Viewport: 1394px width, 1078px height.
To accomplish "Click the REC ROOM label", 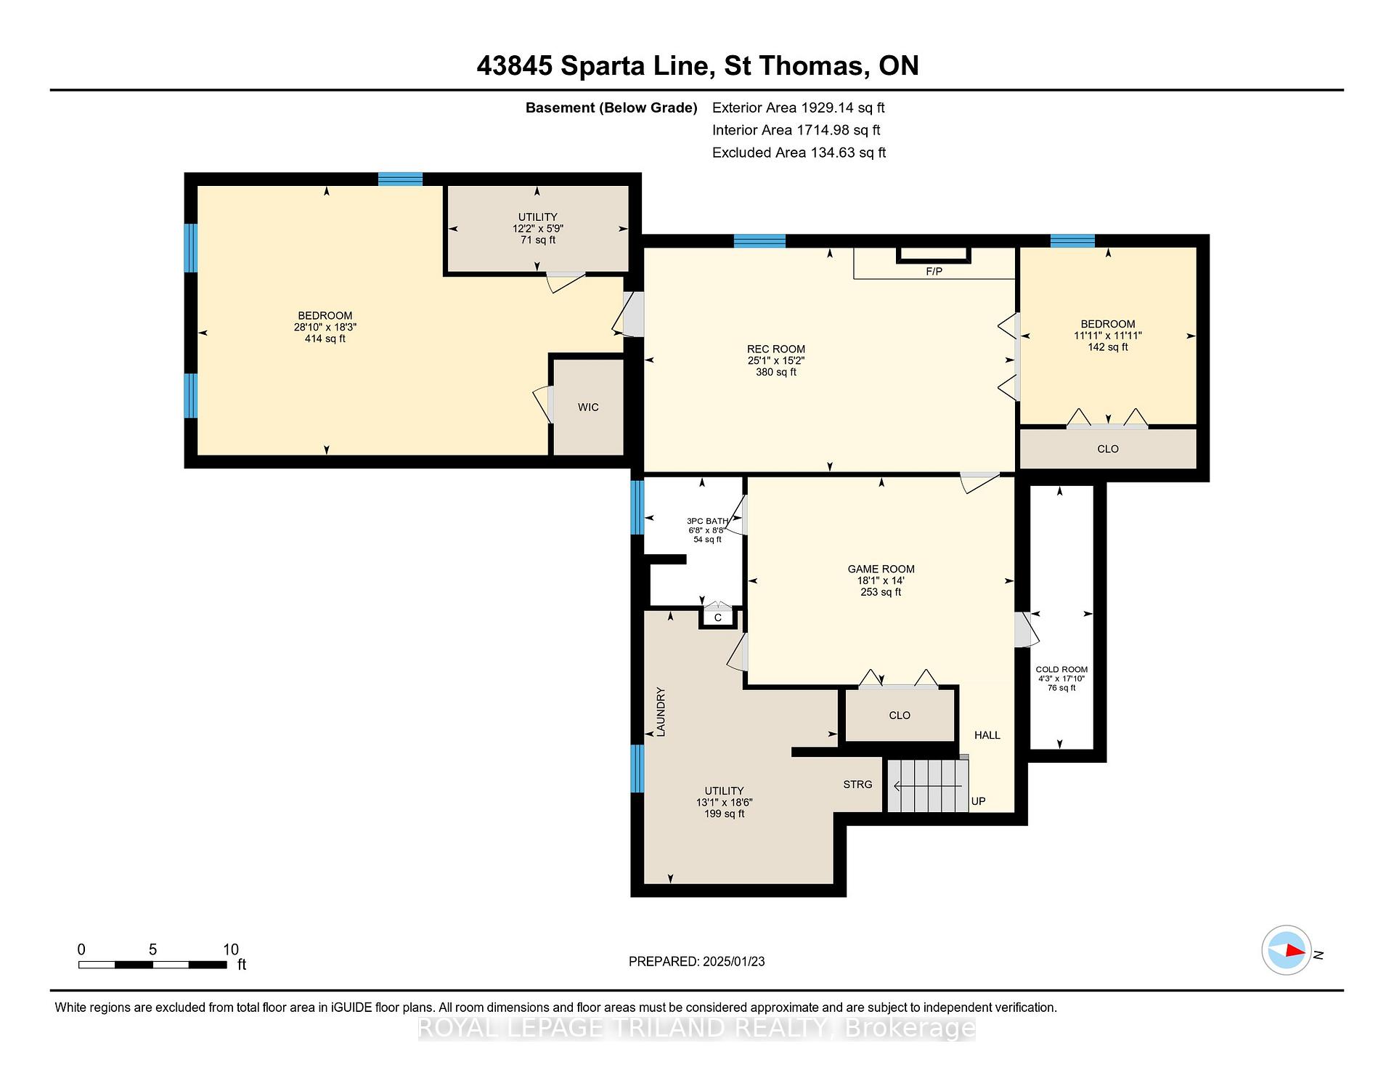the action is coord(776,349).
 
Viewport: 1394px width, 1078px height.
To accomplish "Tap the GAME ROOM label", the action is coord(881,569).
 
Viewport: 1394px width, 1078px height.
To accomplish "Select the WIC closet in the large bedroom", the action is coord(588,407).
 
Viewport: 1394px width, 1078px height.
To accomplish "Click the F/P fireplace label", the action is coord(934,272).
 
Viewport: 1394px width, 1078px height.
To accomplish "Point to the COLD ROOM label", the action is coord(1061,670).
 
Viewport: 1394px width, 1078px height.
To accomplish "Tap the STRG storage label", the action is coord(857,785).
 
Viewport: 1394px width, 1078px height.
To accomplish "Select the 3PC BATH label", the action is coord(707,521).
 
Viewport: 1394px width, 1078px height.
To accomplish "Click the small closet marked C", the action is coord(718,617).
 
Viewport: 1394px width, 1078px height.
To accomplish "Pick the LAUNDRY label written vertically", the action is coord(661,712).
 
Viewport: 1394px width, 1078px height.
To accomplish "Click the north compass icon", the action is coord(1287,950).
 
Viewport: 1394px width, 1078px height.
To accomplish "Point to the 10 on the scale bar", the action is coord(231,949).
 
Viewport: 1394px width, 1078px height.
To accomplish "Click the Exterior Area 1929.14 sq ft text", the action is coord(798,108).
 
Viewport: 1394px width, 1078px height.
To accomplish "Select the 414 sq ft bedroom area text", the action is coord(325,339).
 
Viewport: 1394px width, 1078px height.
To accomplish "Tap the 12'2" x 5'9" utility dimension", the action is coord(537,228).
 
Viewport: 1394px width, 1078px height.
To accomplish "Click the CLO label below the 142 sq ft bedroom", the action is coord(1108,449).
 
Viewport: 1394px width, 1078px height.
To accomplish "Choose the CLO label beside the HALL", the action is coord(900,716).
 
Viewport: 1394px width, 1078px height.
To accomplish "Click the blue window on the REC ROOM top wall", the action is coord(759,241).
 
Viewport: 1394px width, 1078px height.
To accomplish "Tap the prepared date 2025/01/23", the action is coord(733,961).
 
